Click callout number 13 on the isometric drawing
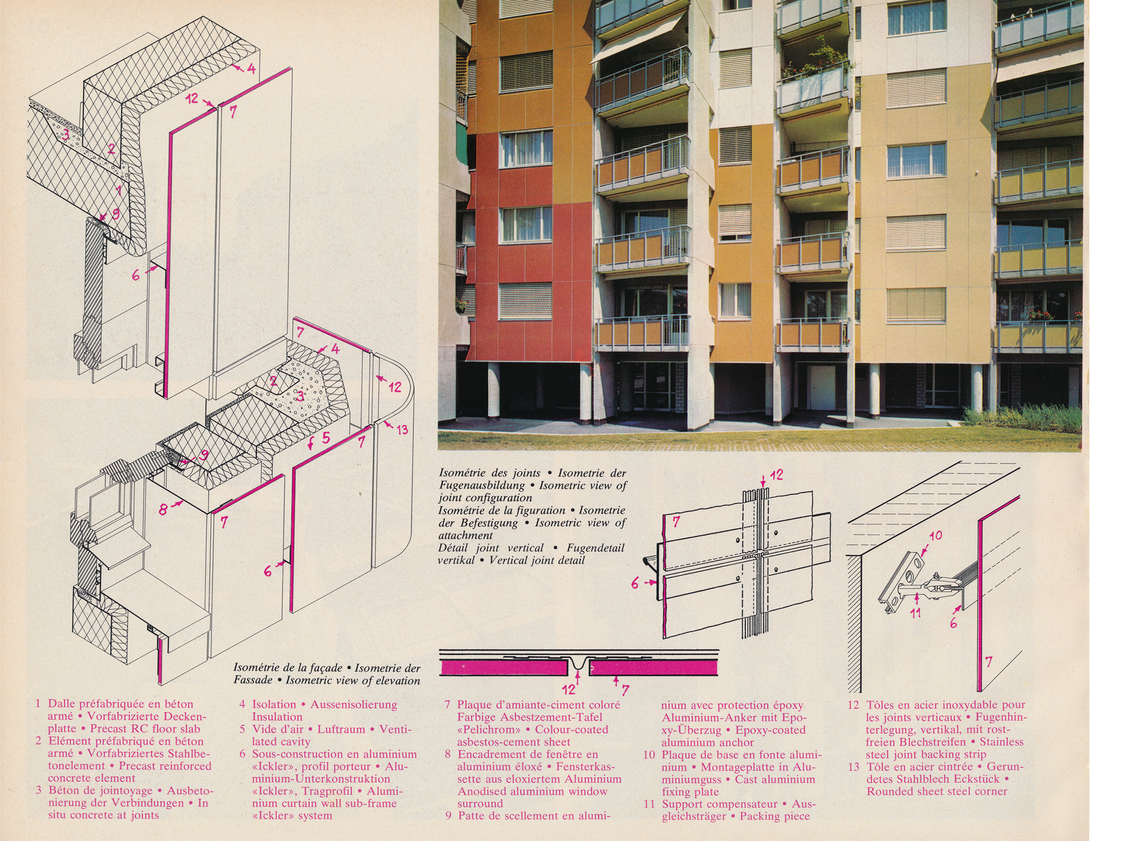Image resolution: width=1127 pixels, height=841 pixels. pyautogui.click(x=402, y=430)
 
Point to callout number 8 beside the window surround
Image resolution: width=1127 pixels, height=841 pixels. pyautogui.click(x=163, y=509)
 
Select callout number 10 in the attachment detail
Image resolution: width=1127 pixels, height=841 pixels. pyautogui.click(x=936, y=536)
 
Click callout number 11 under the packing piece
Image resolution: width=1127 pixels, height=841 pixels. pyautogui.click(x=916, y=612)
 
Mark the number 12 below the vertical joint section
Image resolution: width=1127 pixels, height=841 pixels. pyautogui.click(x=568, y=689)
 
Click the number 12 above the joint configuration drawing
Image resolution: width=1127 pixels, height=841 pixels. pyautogui.click(x=776, y=475)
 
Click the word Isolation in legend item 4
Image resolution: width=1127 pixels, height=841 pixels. pyautogui.click(x=274, y=705)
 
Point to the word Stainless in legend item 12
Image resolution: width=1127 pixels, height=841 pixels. pyautogui.click(x=1001, y=742)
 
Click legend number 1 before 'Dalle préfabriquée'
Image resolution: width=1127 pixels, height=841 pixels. pyautogui.click(x=38, y=704)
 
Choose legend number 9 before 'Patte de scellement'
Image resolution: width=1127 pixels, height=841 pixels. pyautogui.click(x=448, y=816)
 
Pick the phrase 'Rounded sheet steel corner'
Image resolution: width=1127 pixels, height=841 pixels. pyautogui.click(x=937, y=791)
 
